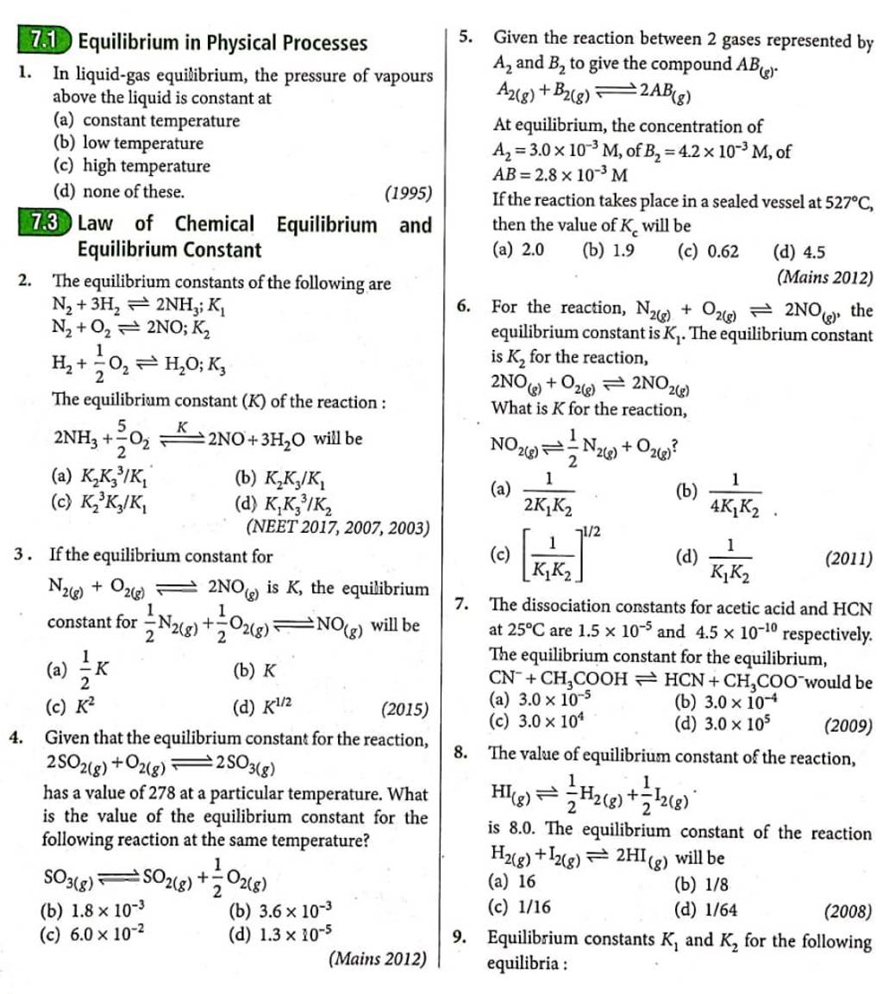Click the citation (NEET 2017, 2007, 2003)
point(339,528)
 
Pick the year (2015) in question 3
point(404,710)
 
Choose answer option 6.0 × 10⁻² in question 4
point(90,933)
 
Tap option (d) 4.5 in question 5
point(799,252)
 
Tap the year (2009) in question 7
point(848,726)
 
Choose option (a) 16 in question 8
point(512,882)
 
